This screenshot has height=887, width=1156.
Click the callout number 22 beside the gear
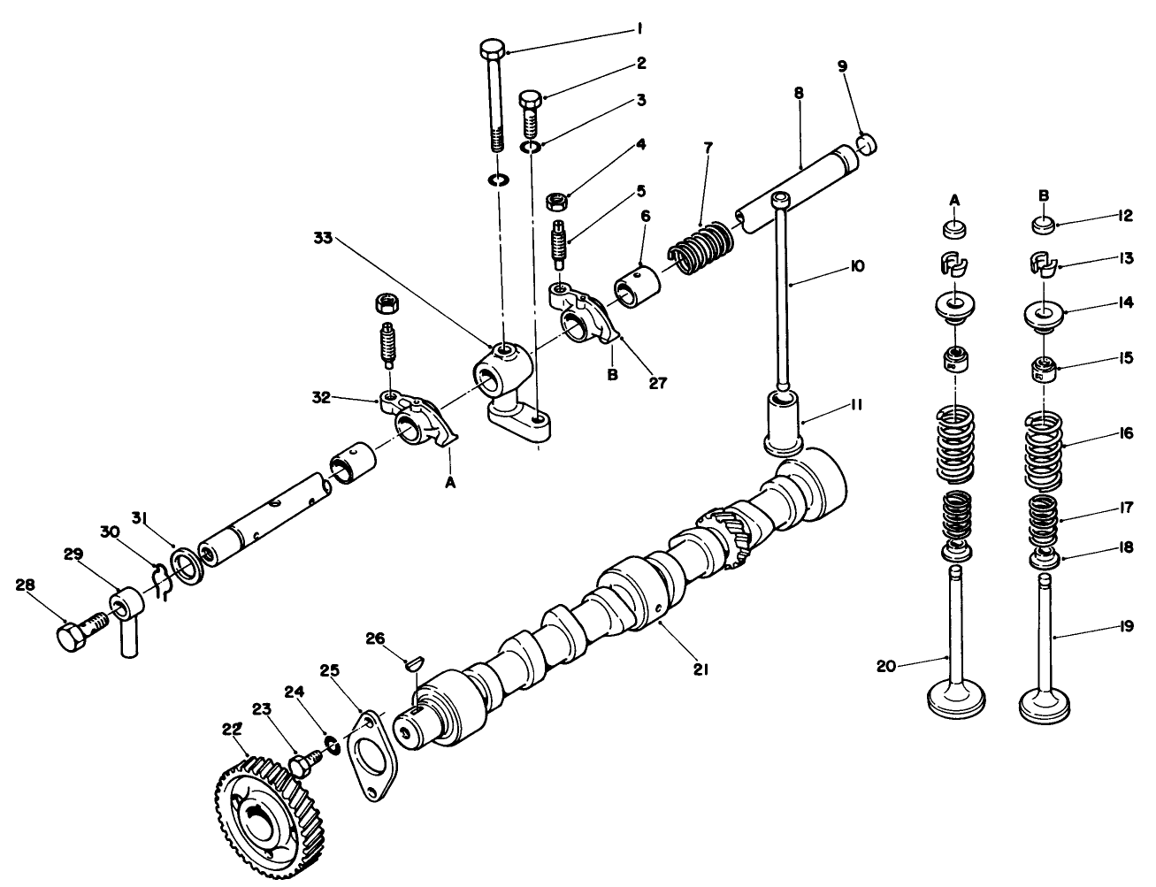(x=232, y=728)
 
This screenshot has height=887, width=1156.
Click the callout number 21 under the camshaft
(x=700, y=670)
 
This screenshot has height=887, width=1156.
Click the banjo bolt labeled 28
(x=73, y=636)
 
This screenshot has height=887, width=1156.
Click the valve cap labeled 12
(x=1044, y=225)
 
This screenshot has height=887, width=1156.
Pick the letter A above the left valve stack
(x=954, y=200)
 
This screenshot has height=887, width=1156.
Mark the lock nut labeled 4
(x=559, y=203)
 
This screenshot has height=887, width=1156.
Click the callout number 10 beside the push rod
(x=856, y=266)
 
